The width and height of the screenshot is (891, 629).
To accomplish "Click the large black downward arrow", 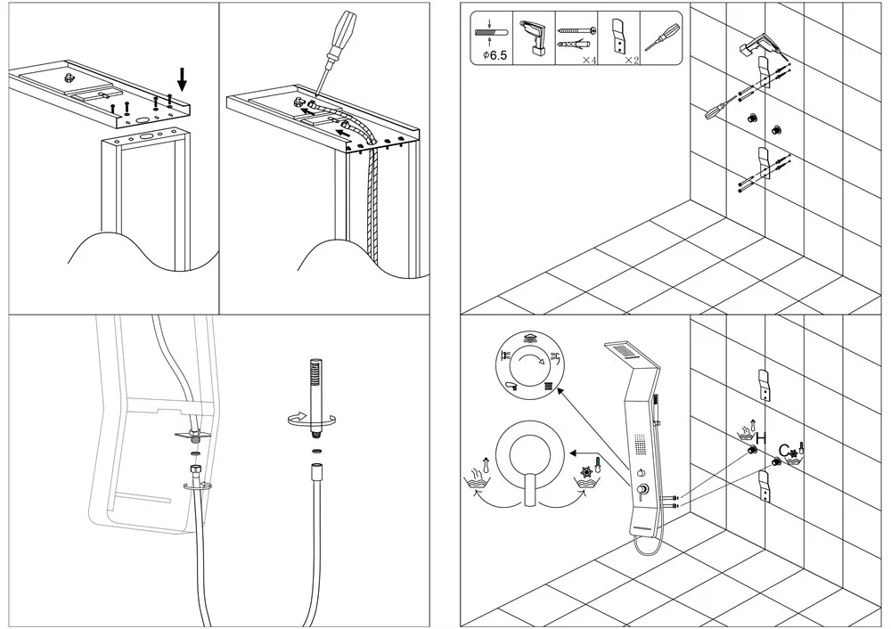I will point(182,80).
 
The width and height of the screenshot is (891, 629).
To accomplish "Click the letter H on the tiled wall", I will point(761,437).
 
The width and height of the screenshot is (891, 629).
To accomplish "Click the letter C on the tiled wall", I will point(784,448).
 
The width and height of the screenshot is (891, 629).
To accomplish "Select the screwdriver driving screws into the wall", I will point(718,111).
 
